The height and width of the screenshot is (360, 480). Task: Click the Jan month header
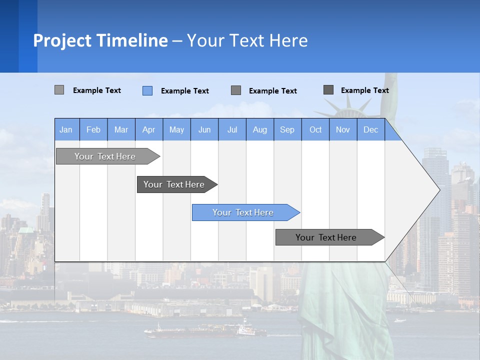coord(66,130)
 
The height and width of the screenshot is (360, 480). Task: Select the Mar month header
coord(121,130)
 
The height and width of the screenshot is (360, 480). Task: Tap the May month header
coord(176,130)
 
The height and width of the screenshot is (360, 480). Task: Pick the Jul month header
coord(232,130)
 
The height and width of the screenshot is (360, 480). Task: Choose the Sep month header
coord(287,130)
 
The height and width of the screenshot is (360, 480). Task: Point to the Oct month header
coord(315,130)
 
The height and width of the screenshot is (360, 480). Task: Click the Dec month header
coord(370,130)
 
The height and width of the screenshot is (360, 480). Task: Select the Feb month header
coord(93,130)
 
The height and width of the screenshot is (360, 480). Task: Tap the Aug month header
coord(259,130)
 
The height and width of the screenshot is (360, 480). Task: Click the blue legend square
coord(147,90)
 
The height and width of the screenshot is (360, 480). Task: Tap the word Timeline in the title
coord(132,40)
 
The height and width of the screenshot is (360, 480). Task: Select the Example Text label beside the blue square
coord(184,91)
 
